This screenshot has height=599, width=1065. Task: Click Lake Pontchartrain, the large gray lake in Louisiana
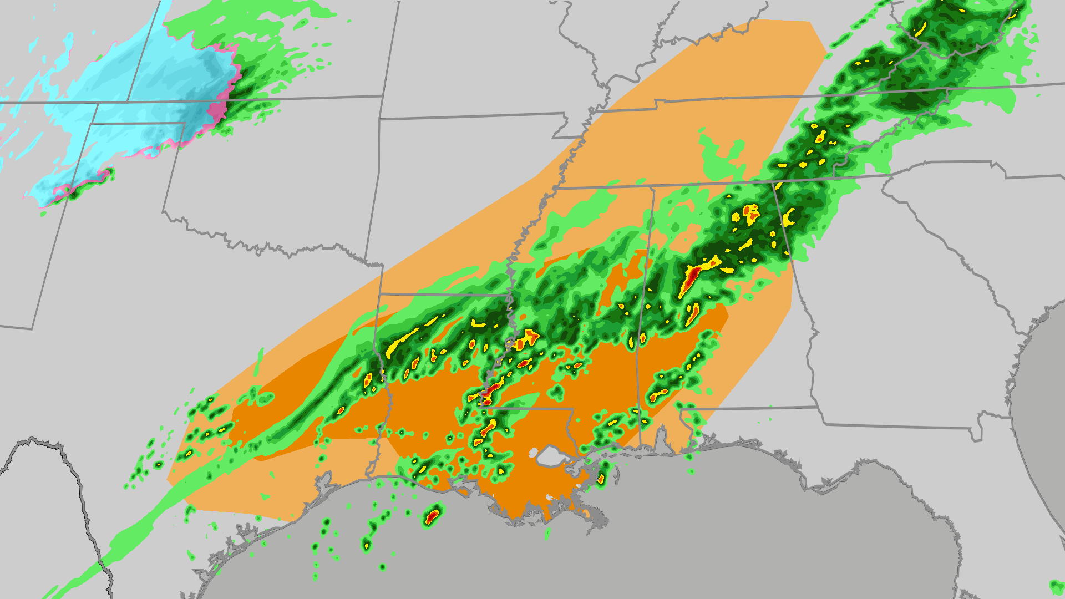pyautogui.click(x=550, y=456)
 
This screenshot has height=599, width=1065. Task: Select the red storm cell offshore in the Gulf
pyautogui.click(x=432, y=517)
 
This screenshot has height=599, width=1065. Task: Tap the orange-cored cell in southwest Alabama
pyautogui.click(x=660, y=394)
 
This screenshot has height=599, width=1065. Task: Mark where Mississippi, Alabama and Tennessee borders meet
pyautogui.click(x=653, y=187)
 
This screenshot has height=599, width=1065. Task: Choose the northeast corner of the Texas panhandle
pyautogui.click(x=185, y=123)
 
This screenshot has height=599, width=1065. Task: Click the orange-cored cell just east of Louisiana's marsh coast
pyautogui.click(x=601, y=478)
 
